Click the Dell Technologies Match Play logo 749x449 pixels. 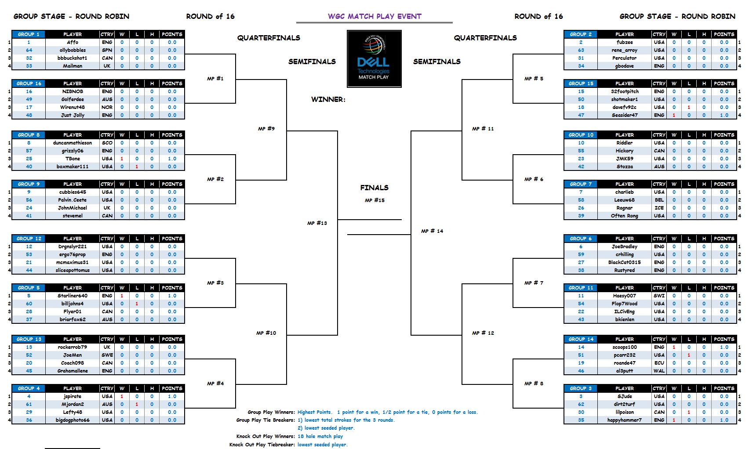374,58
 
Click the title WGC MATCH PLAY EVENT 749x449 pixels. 374,17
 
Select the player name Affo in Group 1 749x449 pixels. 73,42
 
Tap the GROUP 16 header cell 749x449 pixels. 29,83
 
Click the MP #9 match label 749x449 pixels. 266,129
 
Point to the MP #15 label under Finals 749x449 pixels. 374,200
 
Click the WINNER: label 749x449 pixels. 328,99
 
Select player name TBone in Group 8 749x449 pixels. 73,159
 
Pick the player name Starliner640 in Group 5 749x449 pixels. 73,296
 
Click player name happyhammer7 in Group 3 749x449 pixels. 624,420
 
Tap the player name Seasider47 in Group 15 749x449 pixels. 624,115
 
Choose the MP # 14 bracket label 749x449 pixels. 432,231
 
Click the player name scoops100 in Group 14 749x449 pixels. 624,347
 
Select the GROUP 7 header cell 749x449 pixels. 581,184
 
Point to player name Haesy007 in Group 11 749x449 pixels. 624,296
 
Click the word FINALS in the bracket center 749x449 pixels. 374,188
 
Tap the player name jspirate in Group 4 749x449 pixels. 73,396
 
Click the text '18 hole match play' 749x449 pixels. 320,436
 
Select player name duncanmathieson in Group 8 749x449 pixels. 73,143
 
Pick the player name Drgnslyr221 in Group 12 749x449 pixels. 73,246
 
